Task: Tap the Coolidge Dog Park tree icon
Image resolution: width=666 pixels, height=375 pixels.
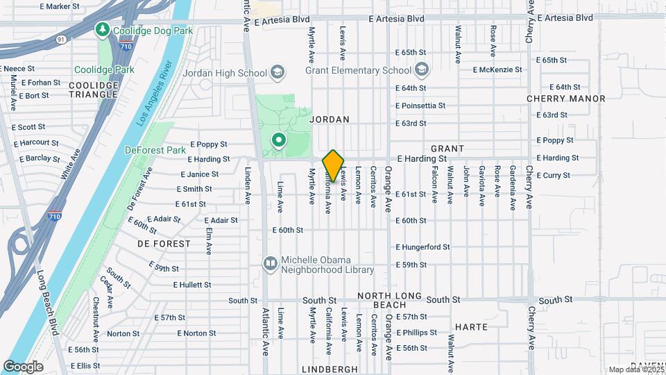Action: point(103,29)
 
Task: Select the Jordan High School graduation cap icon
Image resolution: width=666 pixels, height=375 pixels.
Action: point(277,73)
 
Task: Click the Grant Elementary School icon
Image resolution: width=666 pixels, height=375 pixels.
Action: point(421,70)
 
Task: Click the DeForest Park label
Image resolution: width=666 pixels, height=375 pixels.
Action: point(155,149)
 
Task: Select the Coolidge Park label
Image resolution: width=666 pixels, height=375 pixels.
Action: point(105,69)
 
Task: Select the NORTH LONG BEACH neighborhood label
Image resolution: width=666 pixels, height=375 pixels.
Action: point(390,301)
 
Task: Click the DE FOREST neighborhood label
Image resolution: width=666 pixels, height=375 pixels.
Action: point(164,244)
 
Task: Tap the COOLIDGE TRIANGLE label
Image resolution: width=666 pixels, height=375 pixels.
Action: point(94,90)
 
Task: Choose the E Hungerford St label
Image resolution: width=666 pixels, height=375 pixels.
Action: point(422,247)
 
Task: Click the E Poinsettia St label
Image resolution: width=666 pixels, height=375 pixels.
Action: point(420,106)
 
